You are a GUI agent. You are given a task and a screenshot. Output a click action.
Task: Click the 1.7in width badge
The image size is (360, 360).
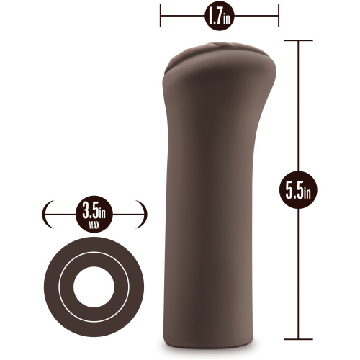coord(220,16)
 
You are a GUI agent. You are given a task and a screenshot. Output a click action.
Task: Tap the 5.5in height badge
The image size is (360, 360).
coord(298,190)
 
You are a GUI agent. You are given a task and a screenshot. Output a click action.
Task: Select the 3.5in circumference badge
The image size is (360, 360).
coord(94,214)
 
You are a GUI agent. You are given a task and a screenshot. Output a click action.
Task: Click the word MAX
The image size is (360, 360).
coord(94,225)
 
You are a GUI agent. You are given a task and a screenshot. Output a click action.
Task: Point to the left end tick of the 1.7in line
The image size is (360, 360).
coord(161,16)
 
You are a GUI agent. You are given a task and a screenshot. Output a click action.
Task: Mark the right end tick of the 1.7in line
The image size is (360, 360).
coord(279,16)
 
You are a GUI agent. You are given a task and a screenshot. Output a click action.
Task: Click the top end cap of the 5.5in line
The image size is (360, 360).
coord(298,40)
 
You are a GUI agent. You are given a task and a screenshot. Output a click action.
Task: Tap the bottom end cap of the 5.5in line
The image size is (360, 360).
coord(298,339)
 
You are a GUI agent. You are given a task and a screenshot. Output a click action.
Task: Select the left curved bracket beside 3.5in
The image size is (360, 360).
coord(46,214)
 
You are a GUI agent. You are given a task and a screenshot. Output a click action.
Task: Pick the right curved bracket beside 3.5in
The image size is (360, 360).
coord(143,214)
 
